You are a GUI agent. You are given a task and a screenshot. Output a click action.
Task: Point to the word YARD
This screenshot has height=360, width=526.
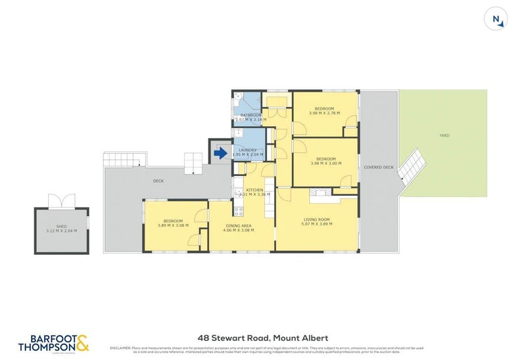click(x=444, y=136)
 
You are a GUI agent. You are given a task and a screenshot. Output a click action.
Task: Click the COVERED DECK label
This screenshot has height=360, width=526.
click(x=379, y=168)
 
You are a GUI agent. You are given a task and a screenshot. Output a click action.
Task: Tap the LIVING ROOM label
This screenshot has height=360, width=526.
click(x=316, y=219)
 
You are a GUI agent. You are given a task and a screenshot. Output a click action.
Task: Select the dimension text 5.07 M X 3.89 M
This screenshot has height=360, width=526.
click(x=316, y=224)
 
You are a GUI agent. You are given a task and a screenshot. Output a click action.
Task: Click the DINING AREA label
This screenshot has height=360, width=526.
click(x=238, y=225)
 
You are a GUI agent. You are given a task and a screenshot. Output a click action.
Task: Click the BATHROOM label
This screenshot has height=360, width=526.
click(x=251, y=115)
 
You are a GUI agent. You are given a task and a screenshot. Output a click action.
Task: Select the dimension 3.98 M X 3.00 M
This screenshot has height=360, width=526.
click(x=325, y=164)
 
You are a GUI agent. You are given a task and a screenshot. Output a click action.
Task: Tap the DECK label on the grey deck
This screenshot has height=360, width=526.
click(x=158, y=181)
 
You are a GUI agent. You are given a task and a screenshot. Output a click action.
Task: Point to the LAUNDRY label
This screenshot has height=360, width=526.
click(x=248, y=150)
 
